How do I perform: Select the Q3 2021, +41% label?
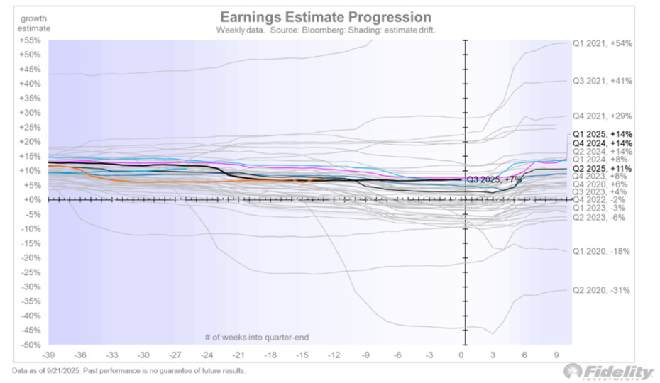point(602,81)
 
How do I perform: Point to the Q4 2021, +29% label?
point(602,116)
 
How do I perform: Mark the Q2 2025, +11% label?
point(602,168)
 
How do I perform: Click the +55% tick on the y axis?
point(29,40)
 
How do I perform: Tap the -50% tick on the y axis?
point(29,345)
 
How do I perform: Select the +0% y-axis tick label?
point(32,200)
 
